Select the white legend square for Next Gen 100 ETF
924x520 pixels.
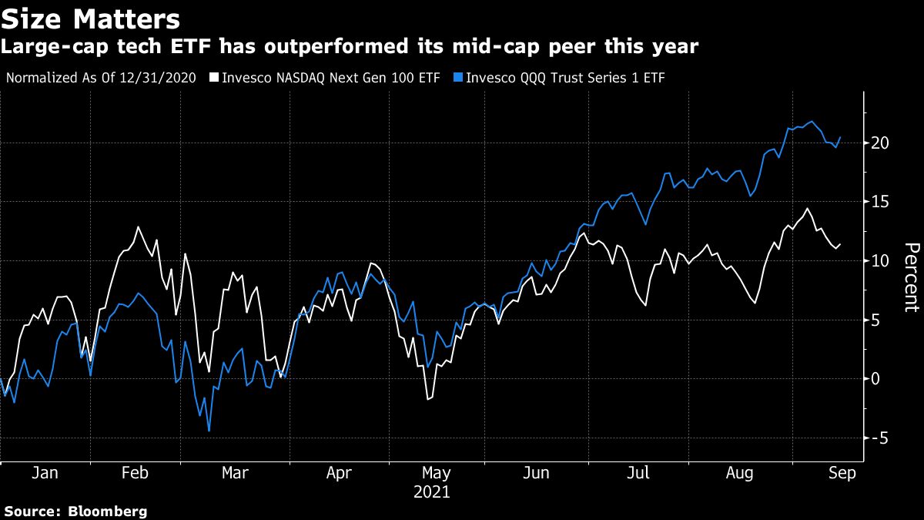(x=215, y=78)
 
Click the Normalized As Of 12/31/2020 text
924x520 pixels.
(x=101, y=78)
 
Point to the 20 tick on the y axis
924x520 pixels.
(x=881, y=143)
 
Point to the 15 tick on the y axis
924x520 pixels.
(x=881, y=202)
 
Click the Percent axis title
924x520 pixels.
(x=911, y=277)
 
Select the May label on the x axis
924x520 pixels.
(x=436, y=473)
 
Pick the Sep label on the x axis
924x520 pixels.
(x=842, y=473)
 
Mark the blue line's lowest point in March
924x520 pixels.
(x=209, y=431)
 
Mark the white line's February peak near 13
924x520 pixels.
(x=138, y=226)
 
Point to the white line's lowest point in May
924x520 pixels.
(x=427, y=399)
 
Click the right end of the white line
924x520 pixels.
(x=840, y=244)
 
